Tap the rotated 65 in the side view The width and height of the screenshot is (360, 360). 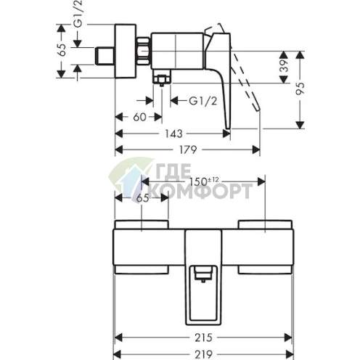click(x=62, y=50)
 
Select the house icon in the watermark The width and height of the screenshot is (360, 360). click(x=127, y=181)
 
